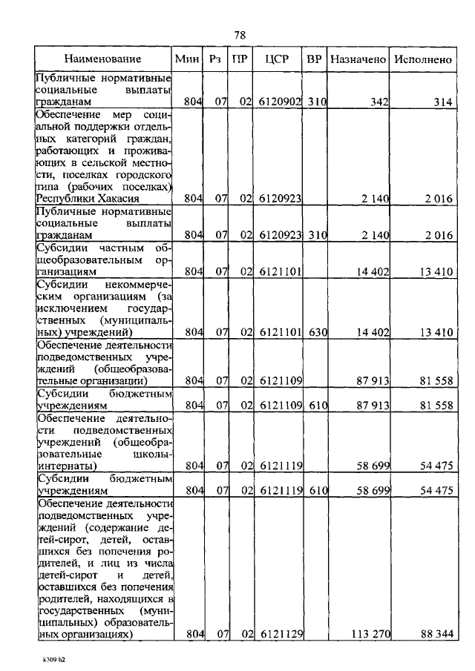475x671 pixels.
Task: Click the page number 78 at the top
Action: (239, 35)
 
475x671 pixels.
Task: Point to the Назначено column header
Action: (358, 59)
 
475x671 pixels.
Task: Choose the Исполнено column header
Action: (423, 59)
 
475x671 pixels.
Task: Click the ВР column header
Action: (314, 59)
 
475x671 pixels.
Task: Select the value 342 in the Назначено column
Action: (379, 102)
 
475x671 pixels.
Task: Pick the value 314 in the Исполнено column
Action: (443, 102)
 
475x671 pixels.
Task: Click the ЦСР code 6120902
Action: (280, 102)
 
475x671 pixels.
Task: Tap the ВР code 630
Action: (317, 332)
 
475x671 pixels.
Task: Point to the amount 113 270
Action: (370, 635)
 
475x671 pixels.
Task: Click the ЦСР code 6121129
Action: (280, 635)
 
